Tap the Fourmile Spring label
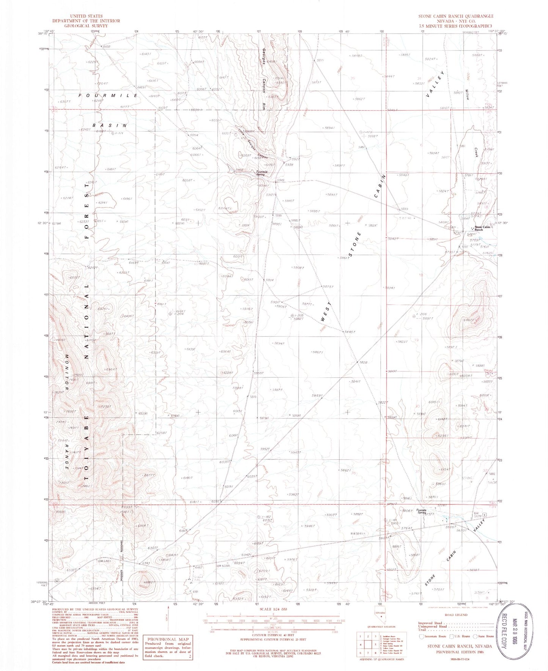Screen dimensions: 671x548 (262, 173)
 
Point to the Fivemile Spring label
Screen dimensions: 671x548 (421, 510)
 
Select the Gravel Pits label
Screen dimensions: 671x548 (195, 580)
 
